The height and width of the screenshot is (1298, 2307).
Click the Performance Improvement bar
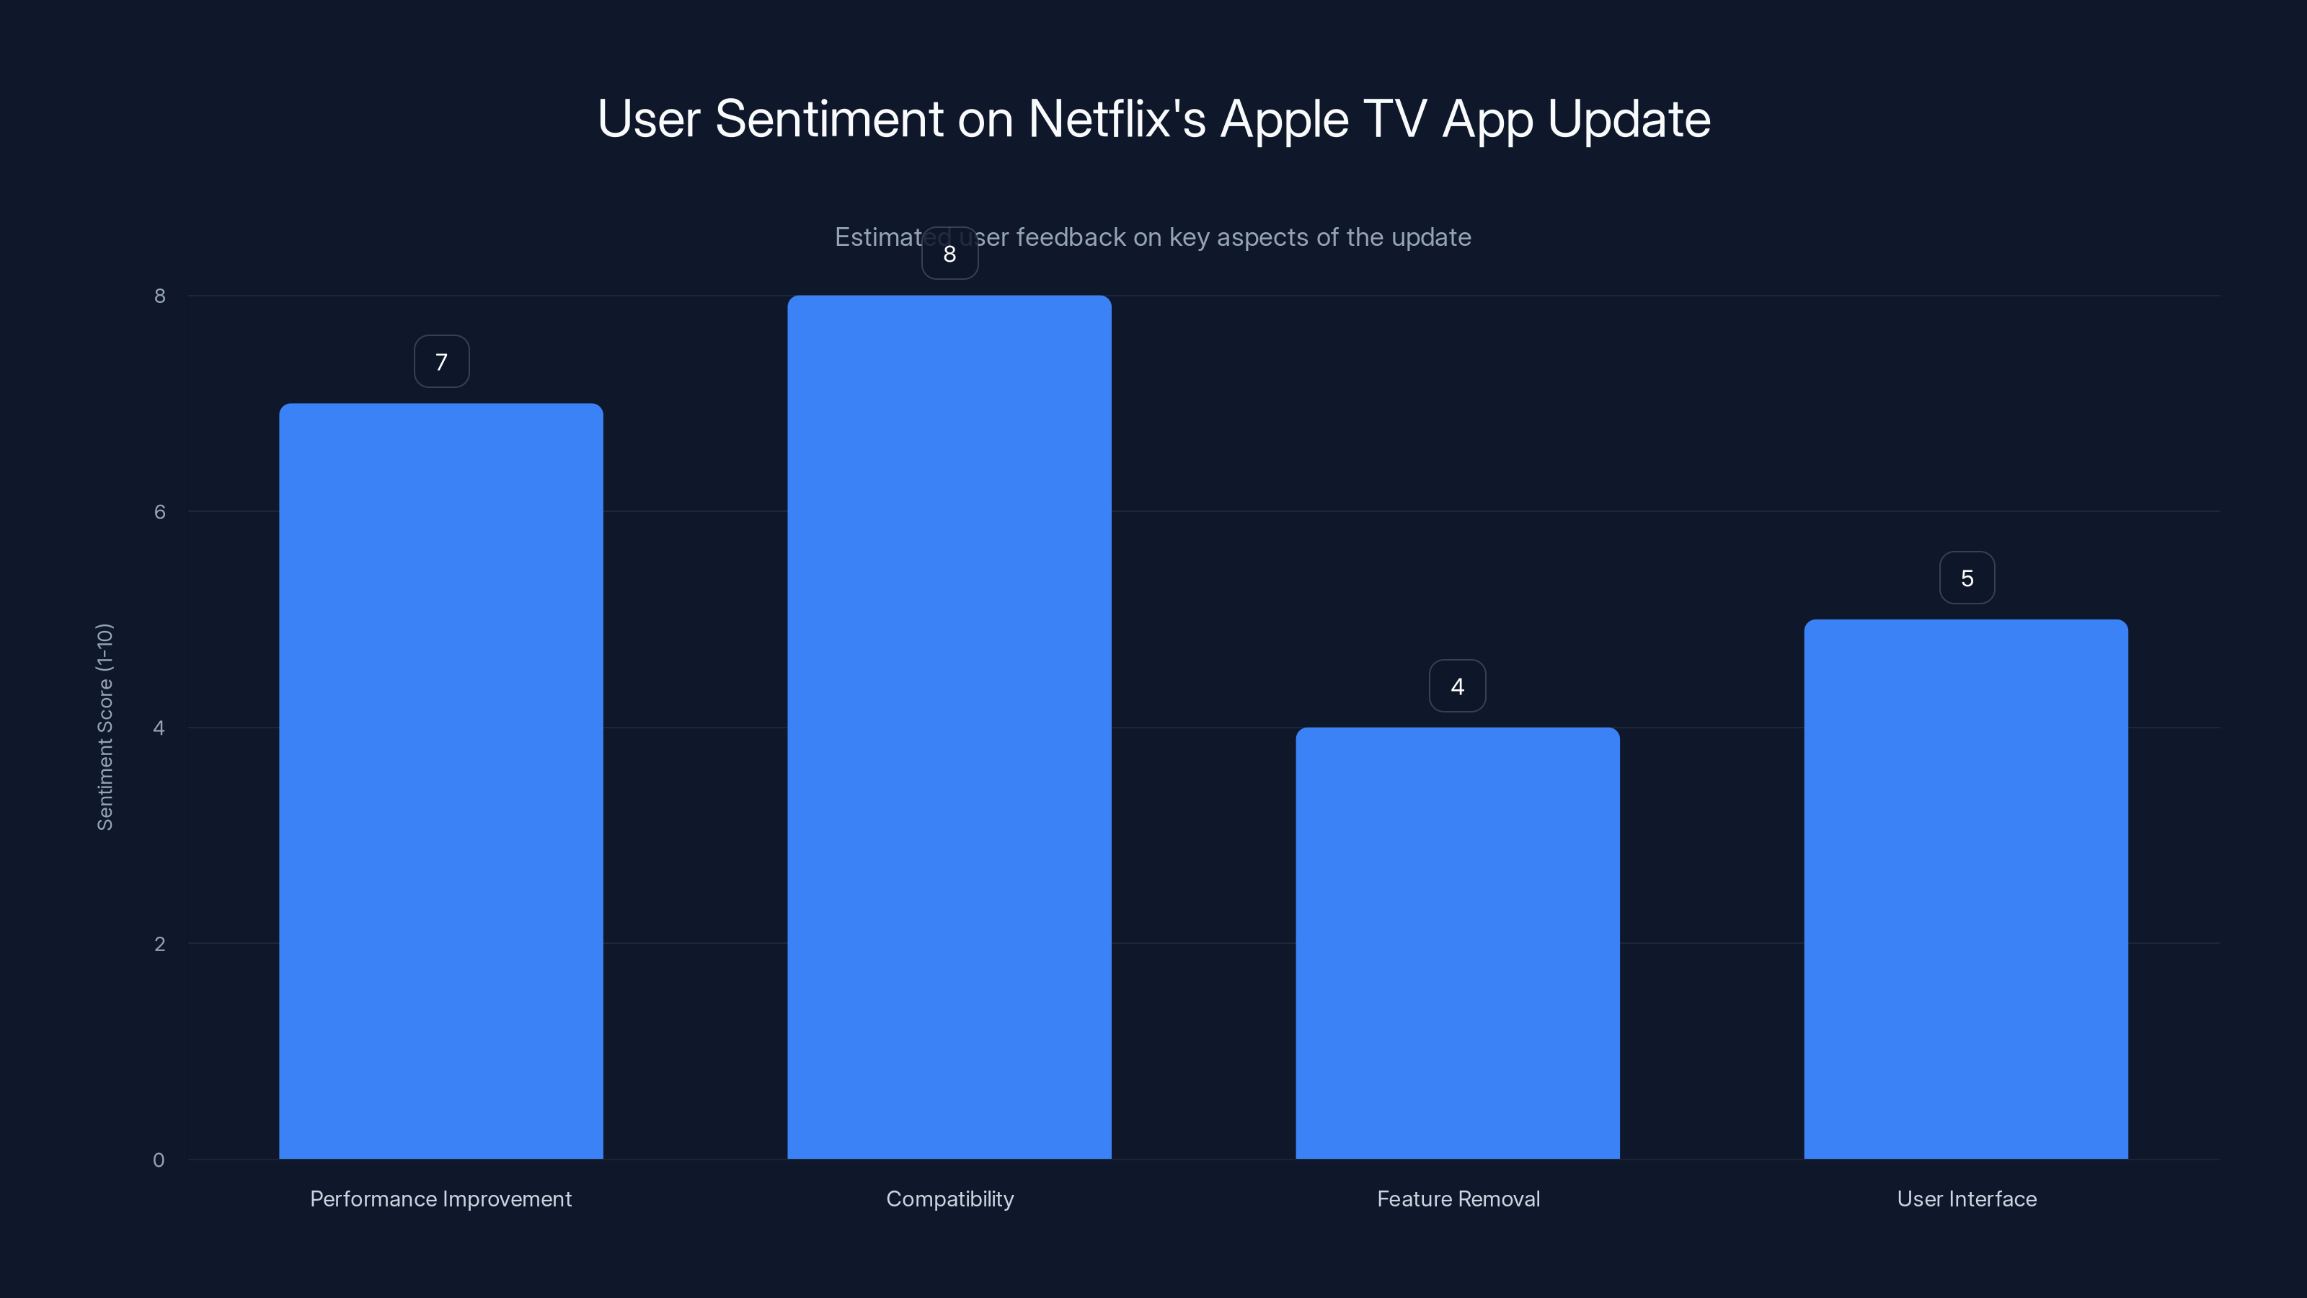coord(440,780)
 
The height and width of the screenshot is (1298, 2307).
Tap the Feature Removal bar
coord(1457,942)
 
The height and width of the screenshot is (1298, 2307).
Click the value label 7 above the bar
coord(441,362)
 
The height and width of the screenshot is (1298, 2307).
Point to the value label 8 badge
coord(949,254)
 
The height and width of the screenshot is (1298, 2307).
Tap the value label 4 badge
coord(1457,686)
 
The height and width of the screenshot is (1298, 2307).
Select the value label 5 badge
coord(1967,578)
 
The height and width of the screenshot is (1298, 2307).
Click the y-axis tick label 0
coord(159,1160)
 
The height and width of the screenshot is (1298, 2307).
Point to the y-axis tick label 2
coord(159,943)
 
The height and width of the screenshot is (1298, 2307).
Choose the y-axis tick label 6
coord(159,511)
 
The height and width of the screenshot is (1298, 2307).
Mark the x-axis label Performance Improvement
coord(440,1198)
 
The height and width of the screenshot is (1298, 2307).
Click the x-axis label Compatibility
coord(949,1198)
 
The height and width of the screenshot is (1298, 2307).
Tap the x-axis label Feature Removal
coord(1458,1198)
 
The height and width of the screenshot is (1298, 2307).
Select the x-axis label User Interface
coord(1967,1198)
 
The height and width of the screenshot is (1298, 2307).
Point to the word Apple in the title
coord(1284,120)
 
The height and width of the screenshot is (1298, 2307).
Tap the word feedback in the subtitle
coord(1070,237)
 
